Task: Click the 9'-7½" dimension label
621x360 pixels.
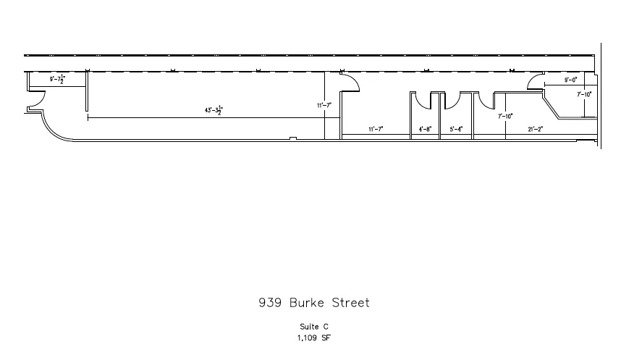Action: pyautogui.click(x=57, y=79)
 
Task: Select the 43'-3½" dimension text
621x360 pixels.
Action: pyautogui.click(x=214, y=110)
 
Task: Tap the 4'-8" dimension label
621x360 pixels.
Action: pyautogui.click(x=426, y=129)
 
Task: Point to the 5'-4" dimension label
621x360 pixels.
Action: pyautogui.click(x=456, y=129)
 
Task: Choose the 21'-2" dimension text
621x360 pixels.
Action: pyautogui.click(x=536, y=129)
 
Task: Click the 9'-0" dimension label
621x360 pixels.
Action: pyautogui.click(x=571, y=80)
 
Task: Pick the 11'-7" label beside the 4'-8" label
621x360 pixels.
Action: pyautogui.click(x=376, y=129)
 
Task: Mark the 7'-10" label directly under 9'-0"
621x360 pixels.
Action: pyautogui.click(x=584, y=94)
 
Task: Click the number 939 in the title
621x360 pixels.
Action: pyautogui.click(x=270, y=303)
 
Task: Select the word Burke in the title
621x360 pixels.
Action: pyautogui.click(x=307, y=303)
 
